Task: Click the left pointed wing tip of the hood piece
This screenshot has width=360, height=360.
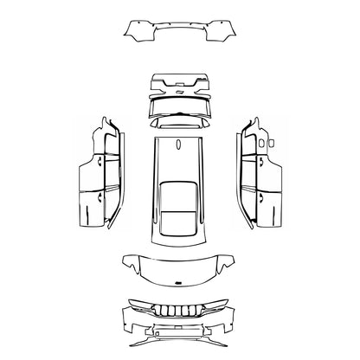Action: [x=124, y=258]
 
